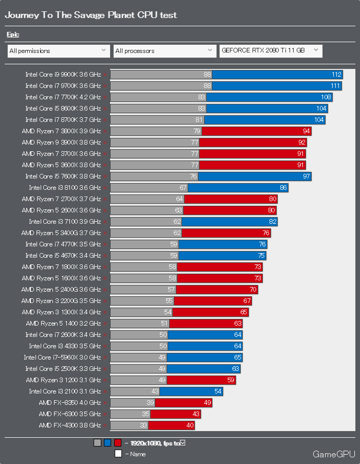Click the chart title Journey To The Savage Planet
(91, 15)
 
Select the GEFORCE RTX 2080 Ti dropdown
(271, 50)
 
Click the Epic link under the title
(13, 34)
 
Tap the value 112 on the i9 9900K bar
(337, 75)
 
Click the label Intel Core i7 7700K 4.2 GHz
(63, 97)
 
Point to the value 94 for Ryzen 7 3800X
(307, 131)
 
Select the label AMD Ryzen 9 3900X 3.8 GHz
(61, 142)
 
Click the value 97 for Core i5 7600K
(307, 176)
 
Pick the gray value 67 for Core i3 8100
(183, 188)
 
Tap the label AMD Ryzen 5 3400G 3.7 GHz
(61, 233)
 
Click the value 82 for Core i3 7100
(273, 222)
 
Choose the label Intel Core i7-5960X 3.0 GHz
(62, 358)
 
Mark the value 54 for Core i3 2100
(218, 391)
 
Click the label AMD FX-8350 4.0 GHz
(69, 403)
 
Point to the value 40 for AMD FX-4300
(190, 425)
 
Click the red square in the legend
(118, 442)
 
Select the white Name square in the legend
(118, 454)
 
